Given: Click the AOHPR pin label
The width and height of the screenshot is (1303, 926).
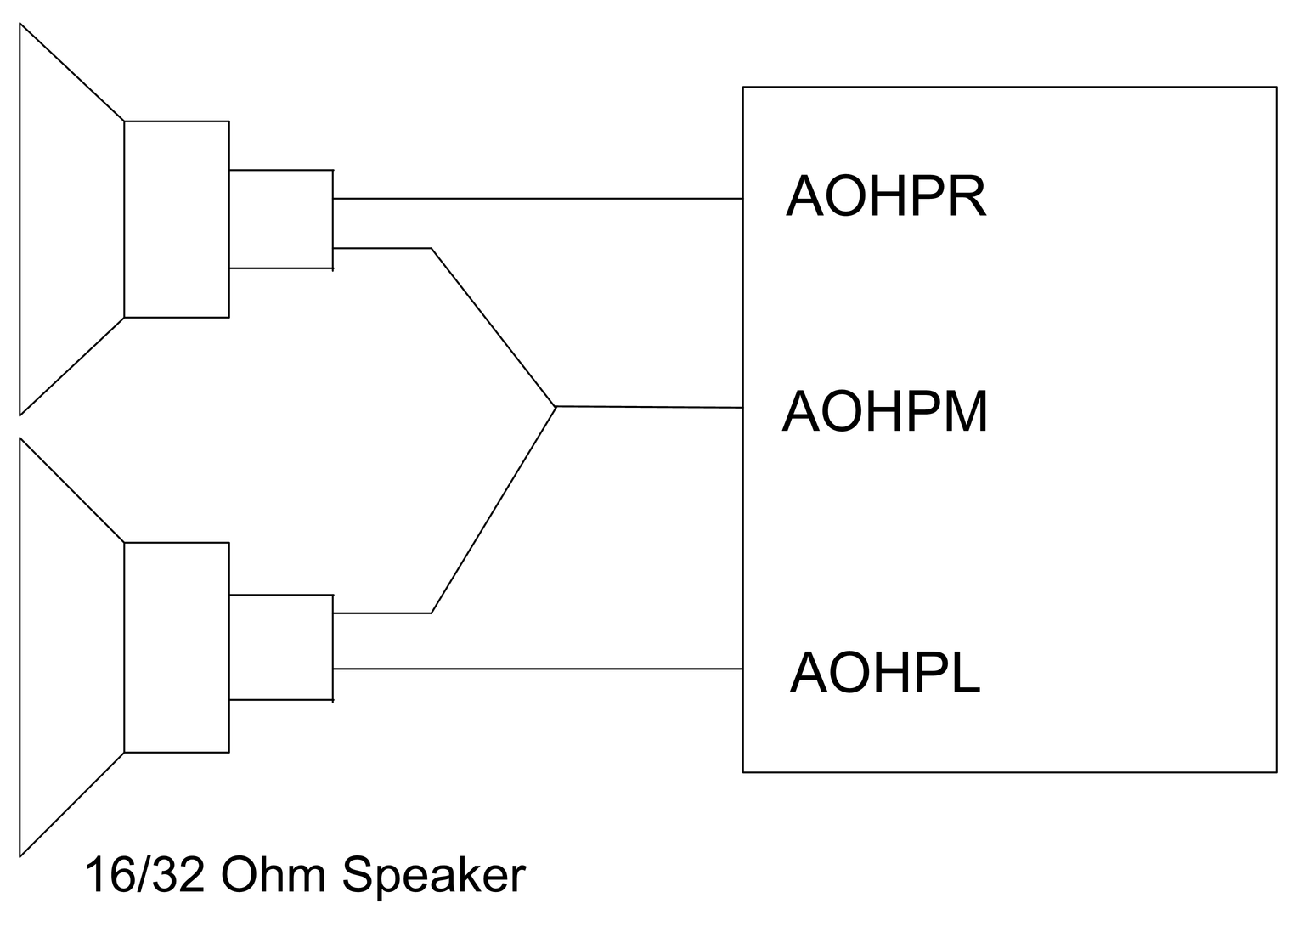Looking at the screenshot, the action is click(x=885, y=196).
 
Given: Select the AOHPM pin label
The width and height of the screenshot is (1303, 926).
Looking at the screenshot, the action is click(x=884, y=412).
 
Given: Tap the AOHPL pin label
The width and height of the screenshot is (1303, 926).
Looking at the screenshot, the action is click(x=885, y=673).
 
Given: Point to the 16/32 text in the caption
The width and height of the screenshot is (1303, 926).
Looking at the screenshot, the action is click(x=145, y=875).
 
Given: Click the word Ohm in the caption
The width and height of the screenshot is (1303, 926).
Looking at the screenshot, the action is click(x=273, y=874).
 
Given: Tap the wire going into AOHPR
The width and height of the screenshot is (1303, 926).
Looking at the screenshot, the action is click(x=538, y=198).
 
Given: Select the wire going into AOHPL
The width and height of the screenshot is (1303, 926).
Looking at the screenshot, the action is click(x=538, y=669).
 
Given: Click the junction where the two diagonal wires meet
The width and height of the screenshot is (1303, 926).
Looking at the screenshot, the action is click(x=556, y=406).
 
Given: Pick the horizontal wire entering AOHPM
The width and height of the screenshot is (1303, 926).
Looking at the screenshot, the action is click(x=649, y=407).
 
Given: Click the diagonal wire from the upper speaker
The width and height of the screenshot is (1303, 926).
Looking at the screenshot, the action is click(x=494, y=327).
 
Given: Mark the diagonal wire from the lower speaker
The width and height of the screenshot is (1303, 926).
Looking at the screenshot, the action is click(x=494, y=510).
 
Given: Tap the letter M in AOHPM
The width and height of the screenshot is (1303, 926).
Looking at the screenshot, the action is click(x=966, y=412).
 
